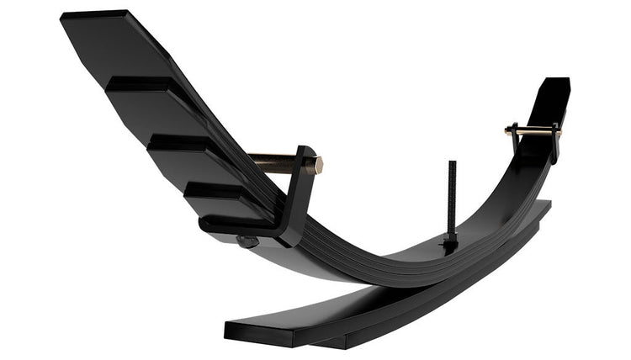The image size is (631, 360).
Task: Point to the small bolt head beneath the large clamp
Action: (x=247, y=242)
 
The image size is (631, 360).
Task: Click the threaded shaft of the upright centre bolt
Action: (x=452, y=198)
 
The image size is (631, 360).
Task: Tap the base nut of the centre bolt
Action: (x=451, y=245)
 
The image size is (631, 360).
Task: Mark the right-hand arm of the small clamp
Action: (x=555, y=143)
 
